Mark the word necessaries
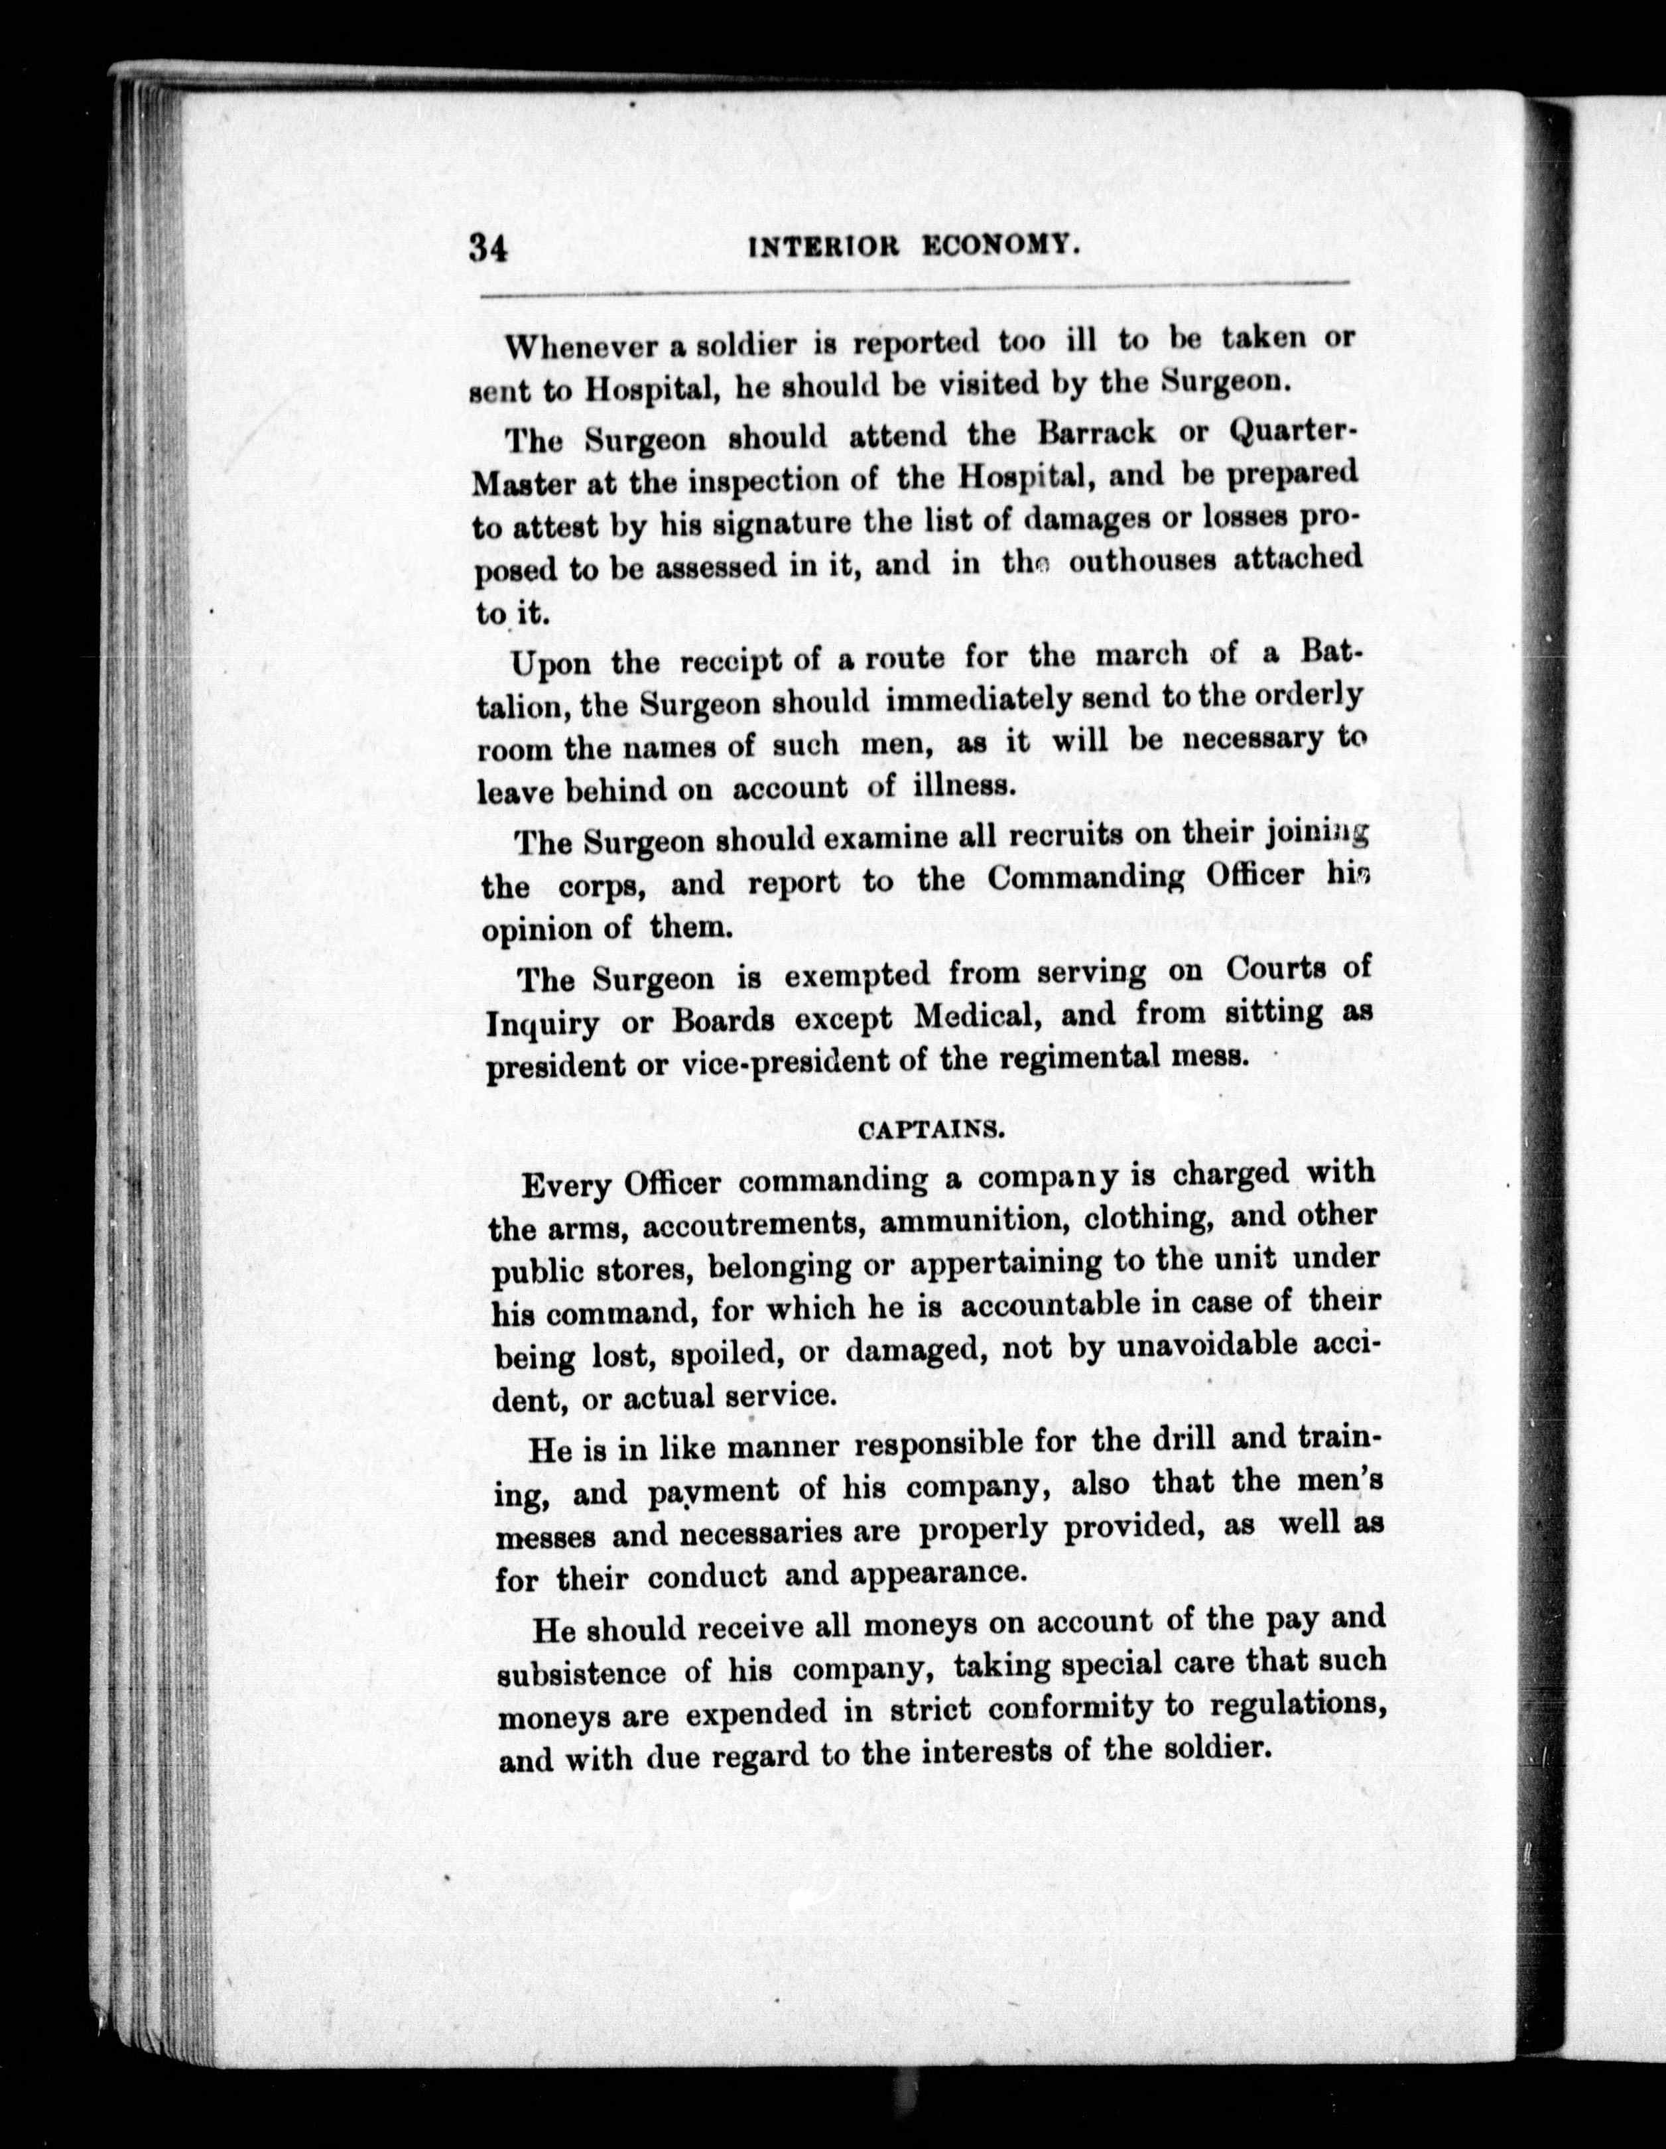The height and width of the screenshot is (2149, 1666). [x=767, y=1533]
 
